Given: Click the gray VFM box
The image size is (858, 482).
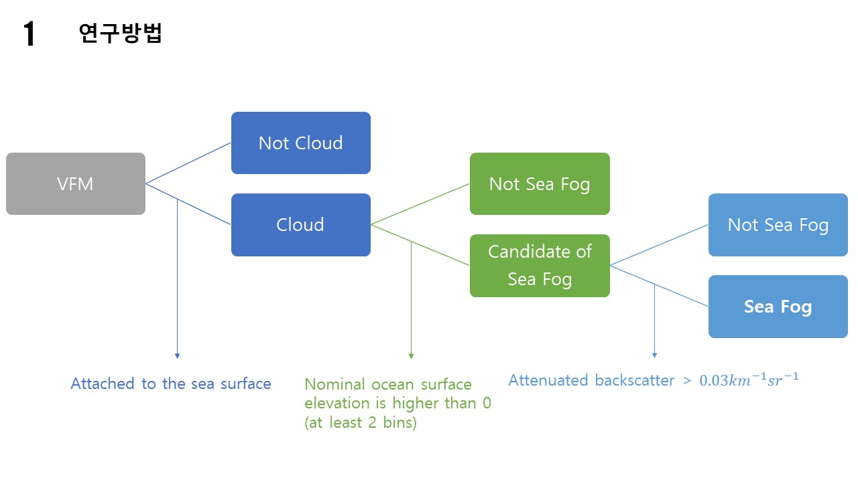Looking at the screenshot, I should point(76,183).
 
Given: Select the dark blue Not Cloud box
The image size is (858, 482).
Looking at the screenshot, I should point(300,143).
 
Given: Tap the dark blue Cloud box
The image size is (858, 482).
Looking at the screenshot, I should point(300,224).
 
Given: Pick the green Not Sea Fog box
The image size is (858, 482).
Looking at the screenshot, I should point(540,183).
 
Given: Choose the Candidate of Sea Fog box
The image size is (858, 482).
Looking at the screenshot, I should point(540,265).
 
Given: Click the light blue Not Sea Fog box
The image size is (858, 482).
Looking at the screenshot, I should point(778,224).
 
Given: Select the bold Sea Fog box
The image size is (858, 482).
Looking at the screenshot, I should point(778,307).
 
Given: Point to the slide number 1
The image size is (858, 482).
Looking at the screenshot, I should point(29,34).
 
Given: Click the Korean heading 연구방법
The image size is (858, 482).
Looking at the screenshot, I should point(120,33).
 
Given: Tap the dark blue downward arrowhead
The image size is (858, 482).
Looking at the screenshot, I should point(177,356).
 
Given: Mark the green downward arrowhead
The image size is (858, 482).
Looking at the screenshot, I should point(411,356).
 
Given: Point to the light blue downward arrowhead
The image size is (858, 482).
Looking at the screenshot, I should point(654,355).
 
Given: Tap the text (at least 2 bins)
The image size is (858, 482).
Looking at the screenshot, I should point(361,423).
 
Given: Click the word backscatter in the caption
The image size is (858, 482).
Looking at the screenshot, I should point(634,380).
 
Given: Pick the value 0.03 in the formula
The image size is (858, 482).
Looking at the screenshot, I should point(715,381).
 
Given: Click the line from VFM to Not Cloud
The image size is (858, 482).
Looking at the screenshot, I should point(188,163).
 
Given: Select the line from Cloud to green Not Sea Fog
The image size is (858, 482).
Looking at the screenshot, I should point(420,204).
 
